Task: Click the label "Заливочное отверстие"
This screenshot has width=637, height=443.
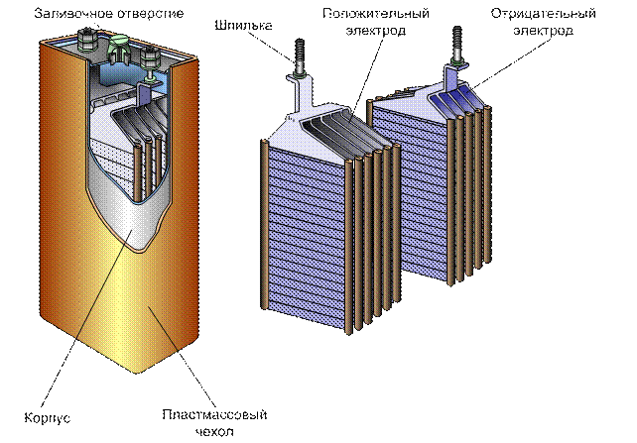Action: pyautogui.click(x=109, y=14)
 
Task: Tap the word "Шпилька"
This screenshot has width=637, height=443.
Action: pyautogui.click(x=243, y=26)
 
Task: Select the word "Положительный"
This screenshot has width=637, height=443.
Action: pyautogui.click(x=376, y=14)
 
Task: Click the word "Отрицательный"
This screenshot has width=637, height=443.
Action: pyautogui.click(x=543, y=14)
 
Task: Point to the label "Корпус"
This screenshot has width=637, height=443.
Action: pyautogui.click(x=48, y=418)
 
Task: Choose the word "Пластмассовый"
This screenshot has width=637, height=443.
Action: pyautogui.click(x=214, y=414)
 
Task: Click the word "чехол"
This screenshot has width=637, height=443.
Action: pyautogui.click(x=214, y=431)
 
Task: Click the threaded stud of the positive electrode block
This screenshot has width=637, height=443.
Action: pyautogui.click(x=299, y=56)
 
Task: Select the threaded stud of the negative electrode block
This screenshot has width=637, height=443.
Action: pyautogui.click(x=457, y=44)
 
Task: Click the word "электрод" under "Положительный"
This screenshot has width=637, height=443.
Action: pyautogui.click(x=376, y=31)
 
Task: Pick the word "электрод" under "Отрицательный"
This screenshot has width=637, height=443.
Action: pyautogui.click(x=543, y=31)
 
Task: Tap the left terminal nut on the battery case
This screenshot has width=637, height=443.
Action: pyautogui.click(x=88, y=40)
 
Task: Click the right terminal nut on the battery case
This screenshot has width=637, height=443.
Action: pyautogui.click(x=150, y=57)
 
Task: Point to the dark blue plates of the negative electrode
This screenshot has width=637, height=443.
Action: pyautogui.click(x=455, y=98)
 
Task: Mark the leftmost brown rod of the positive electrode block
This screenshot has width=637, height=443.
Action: pyautogui.click(x=263, y=224)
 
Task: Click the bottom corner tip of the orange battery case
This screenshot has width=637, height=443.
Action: pyautogui.click(x=137, y=373)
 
